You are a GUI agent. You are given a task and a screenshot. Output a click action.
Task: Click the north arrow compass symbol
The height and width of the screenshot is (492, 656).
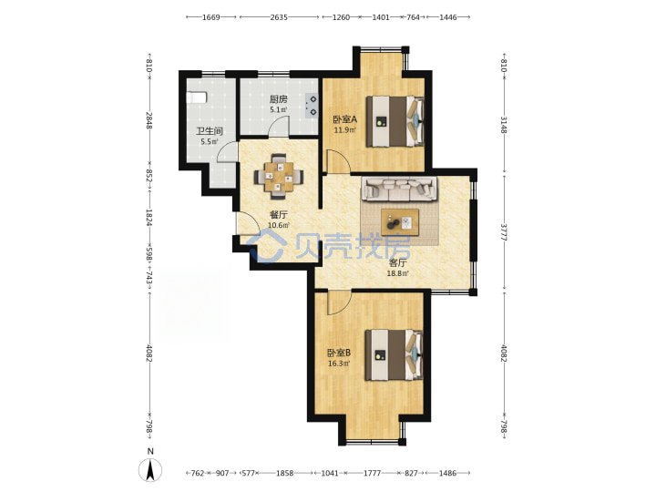(150, 468)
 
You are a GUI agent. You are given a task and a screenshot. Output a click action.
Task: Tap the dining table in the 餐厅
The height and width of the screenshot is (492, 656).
(278, 176)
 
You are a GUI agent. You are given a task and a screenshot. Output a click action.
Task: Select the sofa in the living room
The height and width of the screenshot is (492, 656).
(399, 188)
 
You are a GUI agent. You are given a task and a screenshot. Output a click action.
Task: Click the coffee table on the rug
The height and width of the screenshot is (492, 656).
(400, 220)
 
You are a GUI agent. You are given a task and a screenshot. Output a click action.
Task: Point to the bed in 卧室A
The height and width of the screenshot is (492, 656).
(395, 121)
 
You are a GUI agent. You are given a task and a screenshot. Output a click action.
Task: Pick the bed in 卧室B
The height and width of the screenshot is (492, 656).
(395, 354)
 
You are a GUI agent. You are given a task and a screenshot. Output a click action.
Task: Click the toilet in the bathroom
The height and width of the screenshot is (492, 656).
(196, 97)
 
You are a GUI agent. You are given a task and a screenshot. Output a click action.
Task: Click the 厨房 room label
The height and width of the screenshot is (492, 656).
(278, 99)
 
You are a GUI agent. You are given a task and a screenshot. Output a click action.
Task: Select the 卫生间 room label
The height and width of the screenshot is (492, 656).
(210, 131)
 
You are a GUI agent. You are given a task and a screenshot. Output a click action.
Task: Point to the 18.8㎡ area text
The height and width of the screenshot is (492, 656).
(398, 273)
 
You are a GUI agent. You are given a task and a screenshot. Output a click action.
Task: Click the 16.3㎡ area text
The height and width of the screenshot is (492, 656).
(339, 364)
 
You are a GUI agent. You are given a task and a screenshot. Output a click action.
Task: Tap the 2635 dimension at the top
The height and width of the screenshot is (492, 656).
(279, 17)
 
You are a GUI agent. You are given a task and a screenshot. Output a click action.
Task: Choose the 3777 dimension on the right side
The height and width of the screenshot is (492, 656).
(504, 231)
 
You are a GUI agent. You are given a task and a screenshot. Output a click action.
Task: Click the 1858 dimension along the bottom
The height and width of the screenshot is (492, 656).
(284, 473)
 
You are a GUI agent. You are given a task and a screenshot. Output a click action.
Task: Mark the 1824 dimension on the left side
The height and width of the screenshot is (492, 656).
(149, 218)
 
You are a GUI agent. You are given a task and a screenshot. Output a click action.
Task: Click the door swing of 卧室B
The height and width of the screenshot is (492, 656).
(340, 303)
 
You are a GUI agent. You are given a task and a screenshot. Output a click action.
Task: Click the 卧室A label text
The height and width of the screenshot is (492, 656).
(345, 119)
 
